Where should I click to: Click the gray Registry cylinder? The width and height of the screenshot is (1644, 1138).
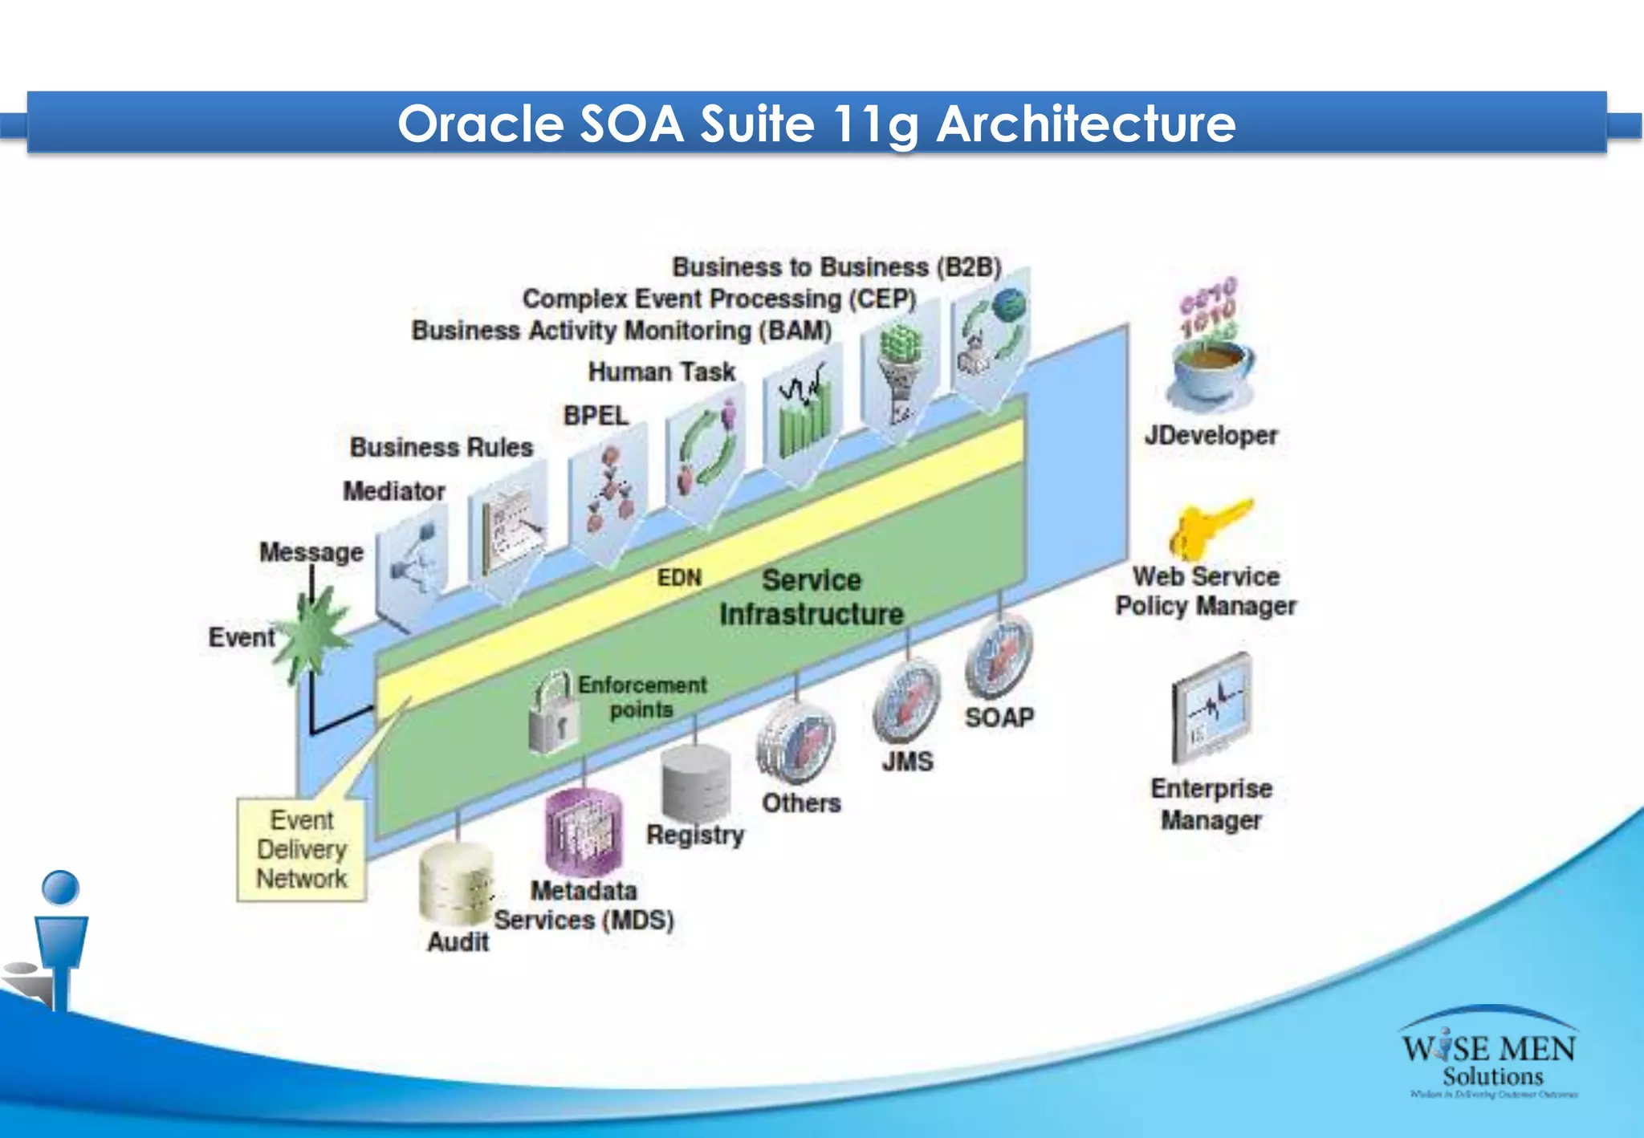696,782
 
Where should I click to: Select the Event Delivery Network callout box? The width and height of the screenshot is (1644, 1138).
302,849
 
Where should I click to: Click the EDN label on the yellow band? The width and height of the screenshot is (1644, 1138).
679,578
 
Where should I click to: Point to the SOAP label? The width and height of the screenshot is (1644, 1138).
999,717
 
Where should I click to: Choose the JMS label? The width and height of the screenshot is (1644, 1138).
908,761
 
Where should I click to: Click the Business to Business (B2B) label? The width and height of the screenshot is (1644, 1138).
836,267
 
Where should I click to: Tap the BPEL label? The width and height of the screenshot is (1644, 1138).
596,416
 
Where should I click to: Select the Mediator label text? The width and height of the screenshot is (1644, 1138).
394,491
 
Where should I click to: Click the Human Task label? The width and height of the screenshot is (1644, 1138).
661,372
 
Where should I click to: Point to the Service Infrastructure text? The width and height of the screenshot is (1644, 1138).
812,597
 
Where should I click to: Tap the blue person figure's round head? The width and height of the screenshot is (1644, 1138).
60,888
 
